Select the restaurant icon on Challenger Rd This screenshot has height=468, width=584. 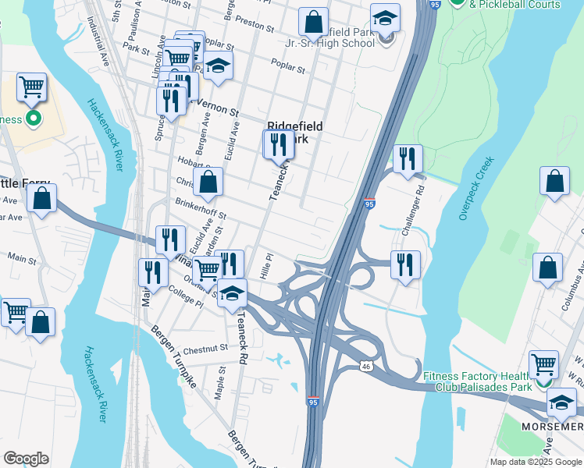click(x=407, y=159)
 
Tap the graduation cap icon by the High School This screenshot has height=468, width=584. click(x=385, y=19)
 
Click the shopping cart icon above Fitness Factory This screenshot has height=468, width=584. click(x=543, y=363)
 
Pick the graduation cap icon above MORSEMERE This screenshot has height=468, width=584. click(x=561, y=402)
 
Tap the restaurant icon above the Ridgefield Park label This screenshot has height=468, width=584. click(x=278, y=144)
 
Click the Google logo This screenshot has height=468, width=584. click(x=26, y=459)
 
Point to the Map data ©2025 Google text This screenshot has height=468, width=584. click(x=535, y=462)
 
